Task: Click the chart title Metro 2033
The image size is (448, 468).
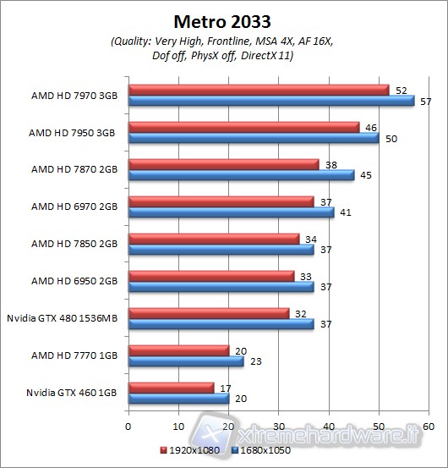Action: pos(224,21)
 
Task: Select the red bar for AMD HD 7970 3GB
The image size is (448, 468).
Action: pos(258,90)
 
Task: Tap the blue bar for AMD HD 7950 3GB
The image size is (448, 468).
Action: pos(254,138)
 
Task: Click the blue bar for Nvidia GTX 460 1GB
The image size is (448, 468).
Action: pos(178,397)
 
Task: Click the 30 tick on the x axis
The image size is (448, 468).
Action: pos(279,427)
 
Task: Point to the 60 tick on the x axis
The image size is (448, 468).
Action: pos(429,427)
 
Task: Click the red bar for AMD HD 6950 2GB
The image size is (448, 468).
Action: pos(211,275)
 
